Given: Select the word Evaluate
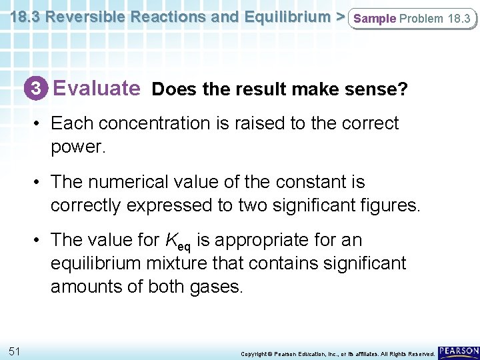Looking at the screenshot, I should coord(97,87).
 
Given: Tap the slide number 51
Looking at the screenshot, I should coord(15,351).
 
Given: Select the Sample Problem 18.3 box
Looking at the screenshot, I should coord(412,19).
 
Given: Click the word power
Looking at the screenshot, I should coord(77,147).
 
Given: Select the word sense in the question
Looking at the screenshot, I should coord(371,89).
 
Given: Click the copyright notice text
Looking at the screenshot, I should coord(337,353).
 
